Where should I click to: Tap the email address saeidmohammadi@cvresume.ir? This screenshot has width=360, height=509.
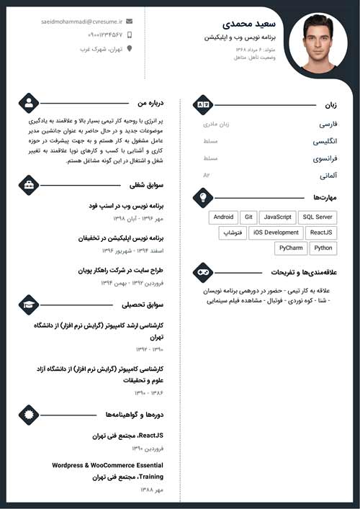81,22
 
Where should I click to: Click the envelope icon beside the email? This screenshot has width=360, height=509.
130,22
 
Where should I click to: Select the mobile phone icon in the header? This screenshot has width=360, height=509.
130,35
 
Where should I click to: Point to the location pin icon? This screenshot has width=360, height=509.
130,49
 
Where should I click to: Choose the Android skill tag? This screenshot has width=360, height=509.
223,217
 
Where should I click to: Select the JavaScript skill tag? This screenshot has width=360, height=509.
277,217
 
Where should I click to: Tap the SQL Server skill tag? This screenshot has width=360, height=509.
318,217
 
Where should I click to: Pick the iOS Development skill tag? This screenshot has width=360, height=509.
276,233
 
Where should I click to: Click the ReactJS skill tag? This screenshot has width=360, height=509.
320,233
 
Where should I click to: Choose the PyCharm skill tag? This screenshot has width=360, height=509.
291,248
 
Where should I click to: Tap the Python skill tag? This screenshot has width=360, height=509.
323,248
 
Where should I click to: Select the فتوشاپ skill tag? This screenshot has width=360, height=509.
232,233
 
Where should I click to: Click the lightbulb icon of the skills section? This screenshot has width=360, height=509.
203,197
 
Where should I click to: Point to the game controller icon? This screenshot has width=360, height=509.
203,272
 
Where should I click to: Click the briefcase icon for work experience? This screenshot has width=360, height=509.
28,185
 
